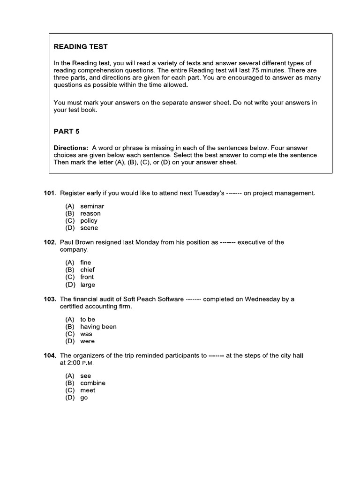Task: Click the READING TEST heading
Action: coord(81,47)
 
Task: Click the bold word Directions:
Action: coord(71,148)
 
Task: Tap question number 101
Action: coord(50,193)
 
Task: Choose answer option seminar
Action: coord(92,206)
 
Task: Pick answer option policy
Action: coord(89,221)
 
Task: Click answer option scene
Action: coord(89,228)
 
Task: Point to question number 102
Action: coord(50,242)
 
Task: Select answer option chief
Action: coord(87,270)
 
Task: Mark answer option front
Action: coord(87,277)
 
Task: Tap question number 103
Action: coord(50,299)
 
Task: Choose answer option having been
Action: coord(98,327)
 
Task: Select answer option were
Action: coord(87,341)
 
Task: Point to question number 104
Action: coord(50,356)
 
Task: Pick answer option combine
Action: coord(93,383)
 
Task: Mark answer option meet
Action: coord(88,390)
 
